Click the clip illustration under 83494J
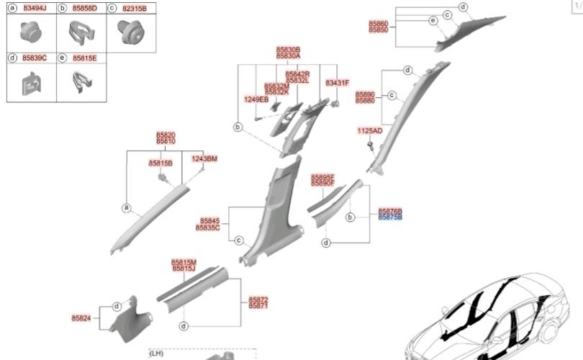(x=31, y=32)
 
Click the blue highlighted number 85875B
(x=390, y=217)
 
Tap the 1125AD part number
(x=371, y=131)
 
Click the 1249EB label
(x=256, y=99)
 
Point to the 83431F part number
(x=337, y=83)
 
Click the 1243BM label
(x=204, y=158)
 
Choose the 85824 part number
(x=82, y=318)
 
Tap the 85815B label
(x=161, y=163)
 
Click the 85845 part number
(x=209, y=221)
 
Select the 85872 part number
(x=258, y=299)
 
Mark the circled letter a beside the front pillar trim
(x=126, y=209)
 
